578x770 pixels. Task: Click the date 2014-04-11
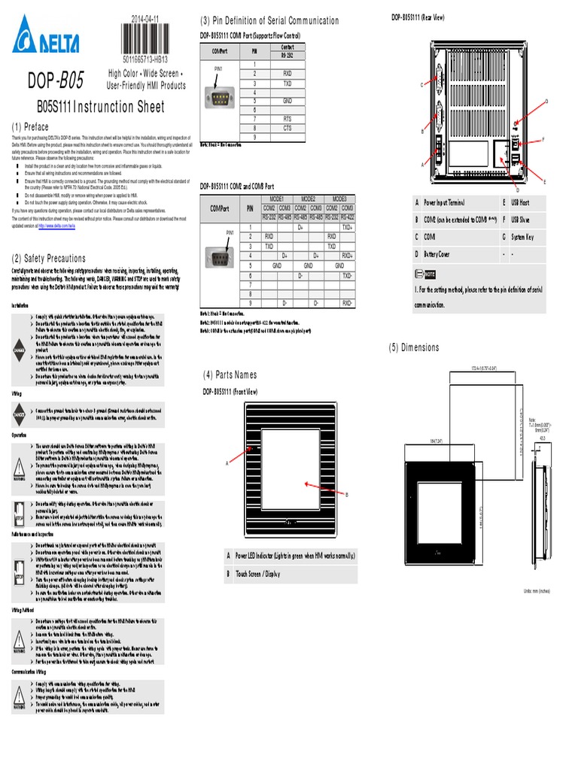[x=145, y=19]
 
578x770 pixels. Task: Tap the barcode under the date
[x=145, y=40]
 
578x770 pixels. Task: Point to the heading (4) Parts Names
[x=230, y=374]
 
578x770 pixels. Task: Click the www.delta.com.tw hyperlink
[x=62, y=226]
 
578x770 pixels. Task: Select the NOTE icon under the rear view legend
[x=425, y=274]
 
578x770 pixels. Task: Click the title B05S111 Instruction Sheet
[x=100, y=107]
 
